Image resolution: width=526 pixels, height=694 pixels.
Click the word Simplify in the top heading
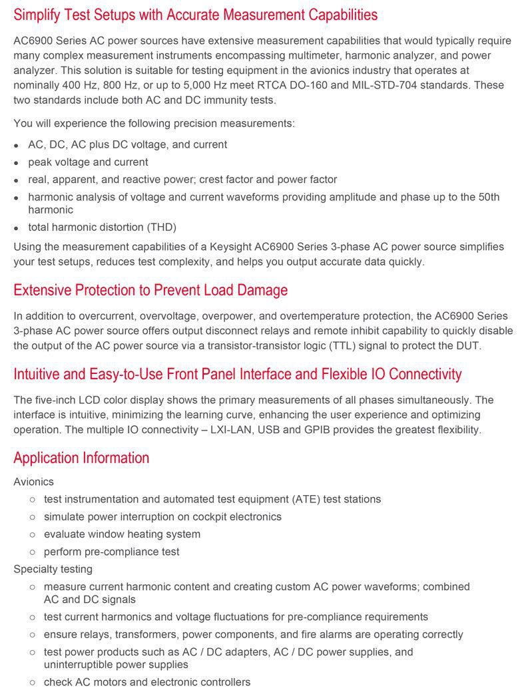tap(38, 15)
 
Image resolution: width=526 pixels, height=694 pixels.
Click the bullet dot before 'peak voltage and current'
tap(17, 163)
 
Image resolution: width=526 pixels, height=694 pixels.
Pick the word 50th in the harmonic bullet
tap(486, 197)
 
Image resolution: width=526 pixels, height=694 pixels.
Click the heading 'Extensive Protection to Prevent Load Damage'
tap(150, 290)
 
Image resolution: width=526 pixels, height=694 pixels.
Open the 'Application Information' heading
tap(81, 458)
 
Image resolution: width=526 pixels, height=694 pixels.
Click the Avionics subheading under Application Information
tap(33, 482)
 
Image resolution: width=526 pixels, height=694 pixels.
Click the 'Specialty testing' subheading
tap(53, 570)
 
